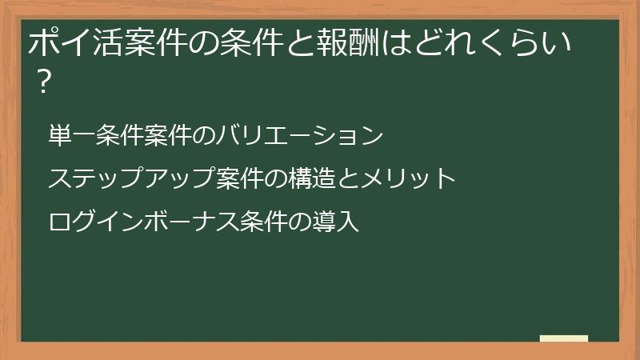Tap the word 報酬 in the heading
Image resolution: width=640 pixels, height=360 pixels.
[339, 43]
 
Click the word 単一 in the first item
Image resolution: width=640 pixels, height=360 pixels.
[70, 136]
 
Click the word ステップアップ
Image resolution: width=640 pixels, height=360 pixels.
[130, 178]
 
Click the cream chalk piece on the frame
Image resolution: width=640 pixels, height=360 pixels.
[564, 338]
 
